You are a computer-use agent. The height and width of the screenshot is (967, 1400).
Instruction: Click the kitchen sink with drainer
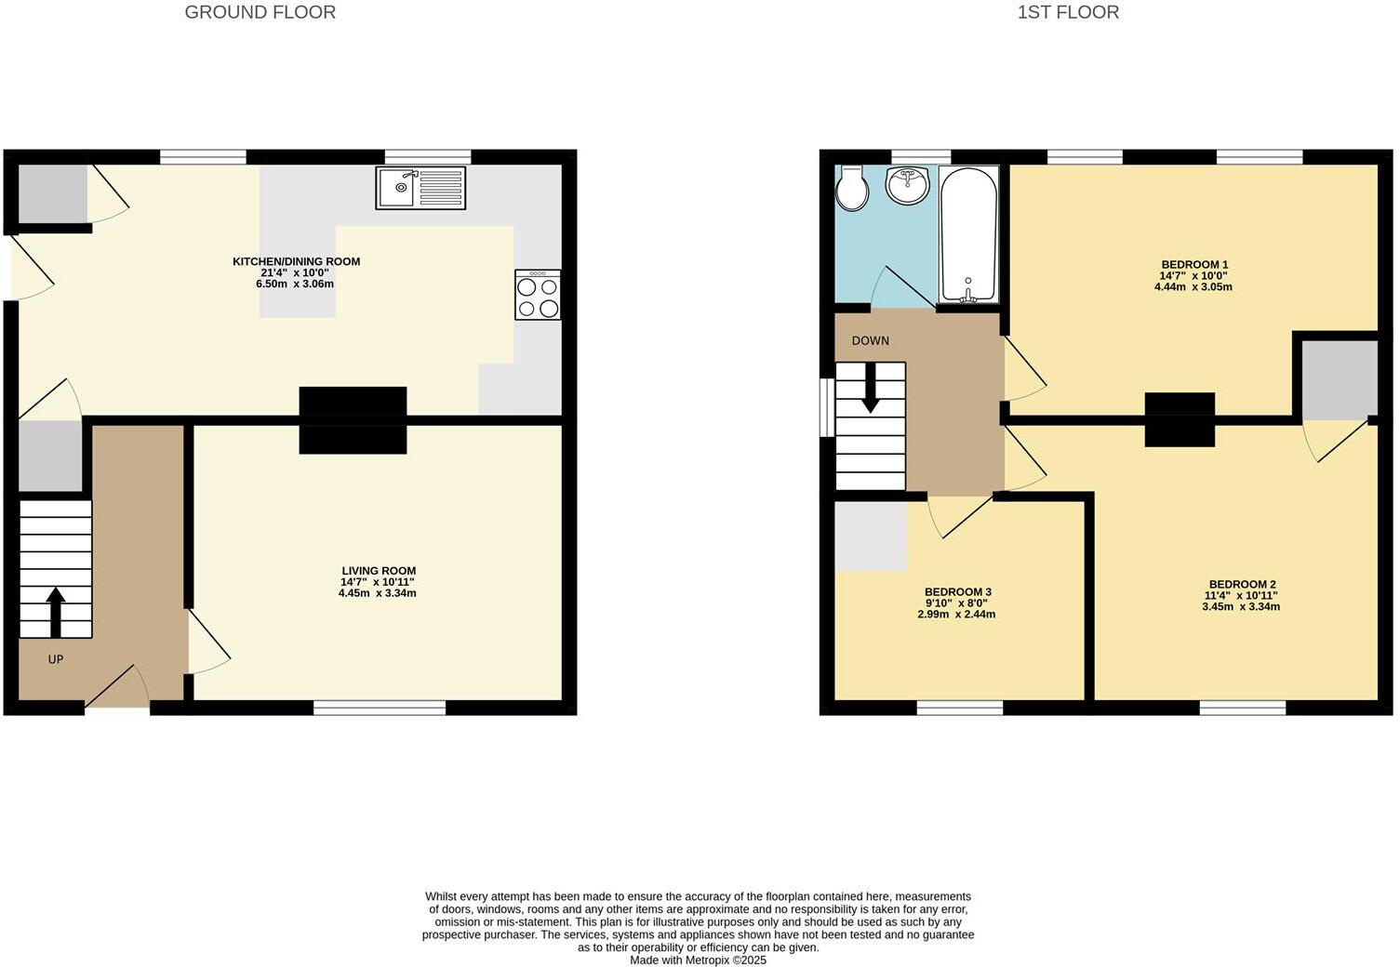tap(420, 188)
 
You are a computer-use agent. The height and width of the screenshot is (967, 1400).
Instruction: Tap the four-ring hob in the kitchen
tap(538, 296)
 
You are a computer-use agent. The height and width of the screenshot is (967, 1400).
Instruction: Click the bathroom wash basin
tap(907, 185)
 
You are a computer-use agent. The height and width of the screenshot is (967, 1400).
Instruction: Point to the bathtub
tap(968, 233)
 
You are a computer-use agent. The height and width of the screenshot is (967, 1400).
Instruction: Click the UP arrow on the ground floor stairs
tap(56, 612)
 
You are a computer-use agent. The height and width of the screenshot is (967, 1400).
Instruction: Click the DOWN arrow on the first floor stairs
tap(870, 388)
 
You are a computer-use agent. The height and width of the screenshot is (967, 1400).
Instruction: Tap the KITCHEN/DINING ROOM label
tap(296, 261)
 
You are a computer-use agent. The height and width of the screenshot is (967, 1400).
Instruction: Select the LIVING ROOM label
tap(378, 571)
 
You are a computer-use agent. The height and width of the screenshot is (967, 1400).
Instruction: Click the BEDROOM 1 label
tap(1193, 264)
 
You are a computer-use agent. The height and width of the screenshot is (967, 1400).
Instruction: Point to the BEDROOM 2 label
tap(1241, 585)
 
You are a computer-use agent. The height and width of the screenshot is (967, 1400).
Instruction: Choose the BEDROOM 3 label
tap(957, 592)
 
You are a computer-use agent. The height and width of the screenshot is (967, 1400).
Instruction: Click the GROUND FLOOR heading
tap(260, 12)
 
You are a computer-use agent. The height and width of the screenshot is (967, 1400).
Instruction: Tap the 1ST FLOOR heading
tap(1068, 12)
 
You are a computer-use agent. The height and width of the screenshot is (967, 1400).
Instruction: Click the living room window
tap(380, 709)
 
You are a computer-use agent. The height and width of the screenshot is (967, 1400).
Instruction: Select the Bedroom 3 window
tap(960, 709)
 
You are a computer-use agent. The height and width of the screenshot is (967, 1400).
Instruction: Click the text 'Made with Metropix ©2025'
tap(698, 960)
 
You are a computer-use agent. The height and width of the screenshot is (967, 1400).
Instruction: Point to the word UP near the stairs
tap(56, 659)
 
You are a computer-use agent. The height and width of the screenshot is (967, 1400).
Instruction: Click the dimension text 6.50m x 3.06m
tap(295, 284)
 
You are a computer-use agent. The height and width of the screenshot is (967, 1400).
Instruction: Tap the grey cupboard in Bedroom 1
tap(1340, 378)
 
